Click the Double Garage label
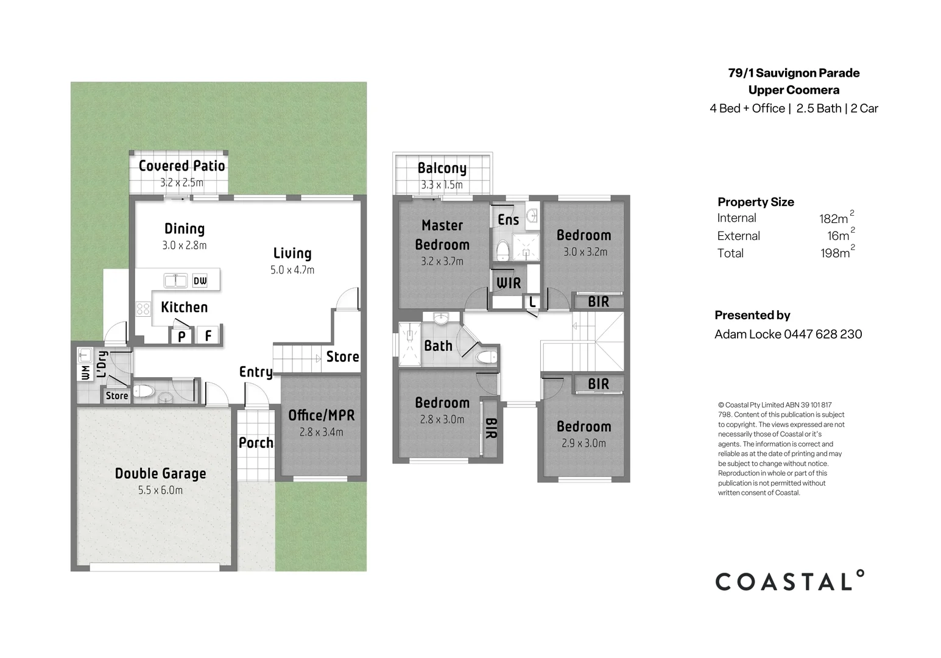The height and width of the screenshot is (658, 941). pyautogui.click(x=160, y=473)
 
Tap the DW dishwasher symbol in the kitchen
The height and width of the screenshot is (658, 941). pyautogui.click(x=200, y=281)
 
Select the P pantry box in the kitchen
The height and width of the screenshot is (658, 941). pyautogui.click(x=182, y=336)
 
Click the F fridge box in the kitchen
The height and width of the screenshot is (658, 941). pyautogui.click(x=208, y=335)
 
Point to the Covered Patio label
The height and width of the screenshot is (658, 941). pyautogui.click(x=182, y=166)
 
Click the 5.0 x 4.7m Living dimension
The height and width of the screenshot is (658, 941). pyautogui.click(x=292, y=270)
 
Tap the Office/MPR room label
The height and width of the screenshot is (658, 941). pyautogui.click(x=321, y=416)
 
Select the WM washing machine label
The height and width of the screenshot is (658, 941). pyautogui.click(x=85, y=372)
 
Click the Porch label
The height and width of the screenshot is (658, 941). pyautogui.click(x=256, y=443)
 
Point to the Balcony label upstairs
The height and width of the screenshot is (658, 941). pyautogui.click(x=442, y=168)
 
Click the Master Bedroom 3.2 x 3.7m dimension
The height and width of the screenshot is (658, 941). pyautogui.click(x=442, y=261)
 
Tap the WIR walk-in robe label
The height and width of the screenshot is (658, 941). pyautogui.click(x=509, y=283)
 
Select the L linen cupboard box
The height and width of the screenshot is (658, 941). pyautogui.click(x=532, y=302)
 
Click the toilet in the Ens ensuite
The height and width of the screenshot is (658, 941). pyautogui.click(x=502, y=250)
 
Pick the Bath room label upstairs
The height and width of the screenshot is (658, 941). pyautogui.click(x=438, y=346)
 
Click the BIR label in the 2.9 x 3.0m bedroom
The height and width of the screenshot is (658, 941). pyautogui.click(x=598, y=384)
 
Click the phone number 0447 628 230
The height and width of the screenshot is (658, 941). pyautogui.click(x=822, y=334)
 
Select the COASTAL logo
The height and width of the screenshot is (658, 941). pyautogui.click(x=789, y=581)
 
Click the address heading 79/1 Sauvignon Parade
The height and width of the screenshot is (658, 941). pyautogui.click(x=794, y=73)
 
